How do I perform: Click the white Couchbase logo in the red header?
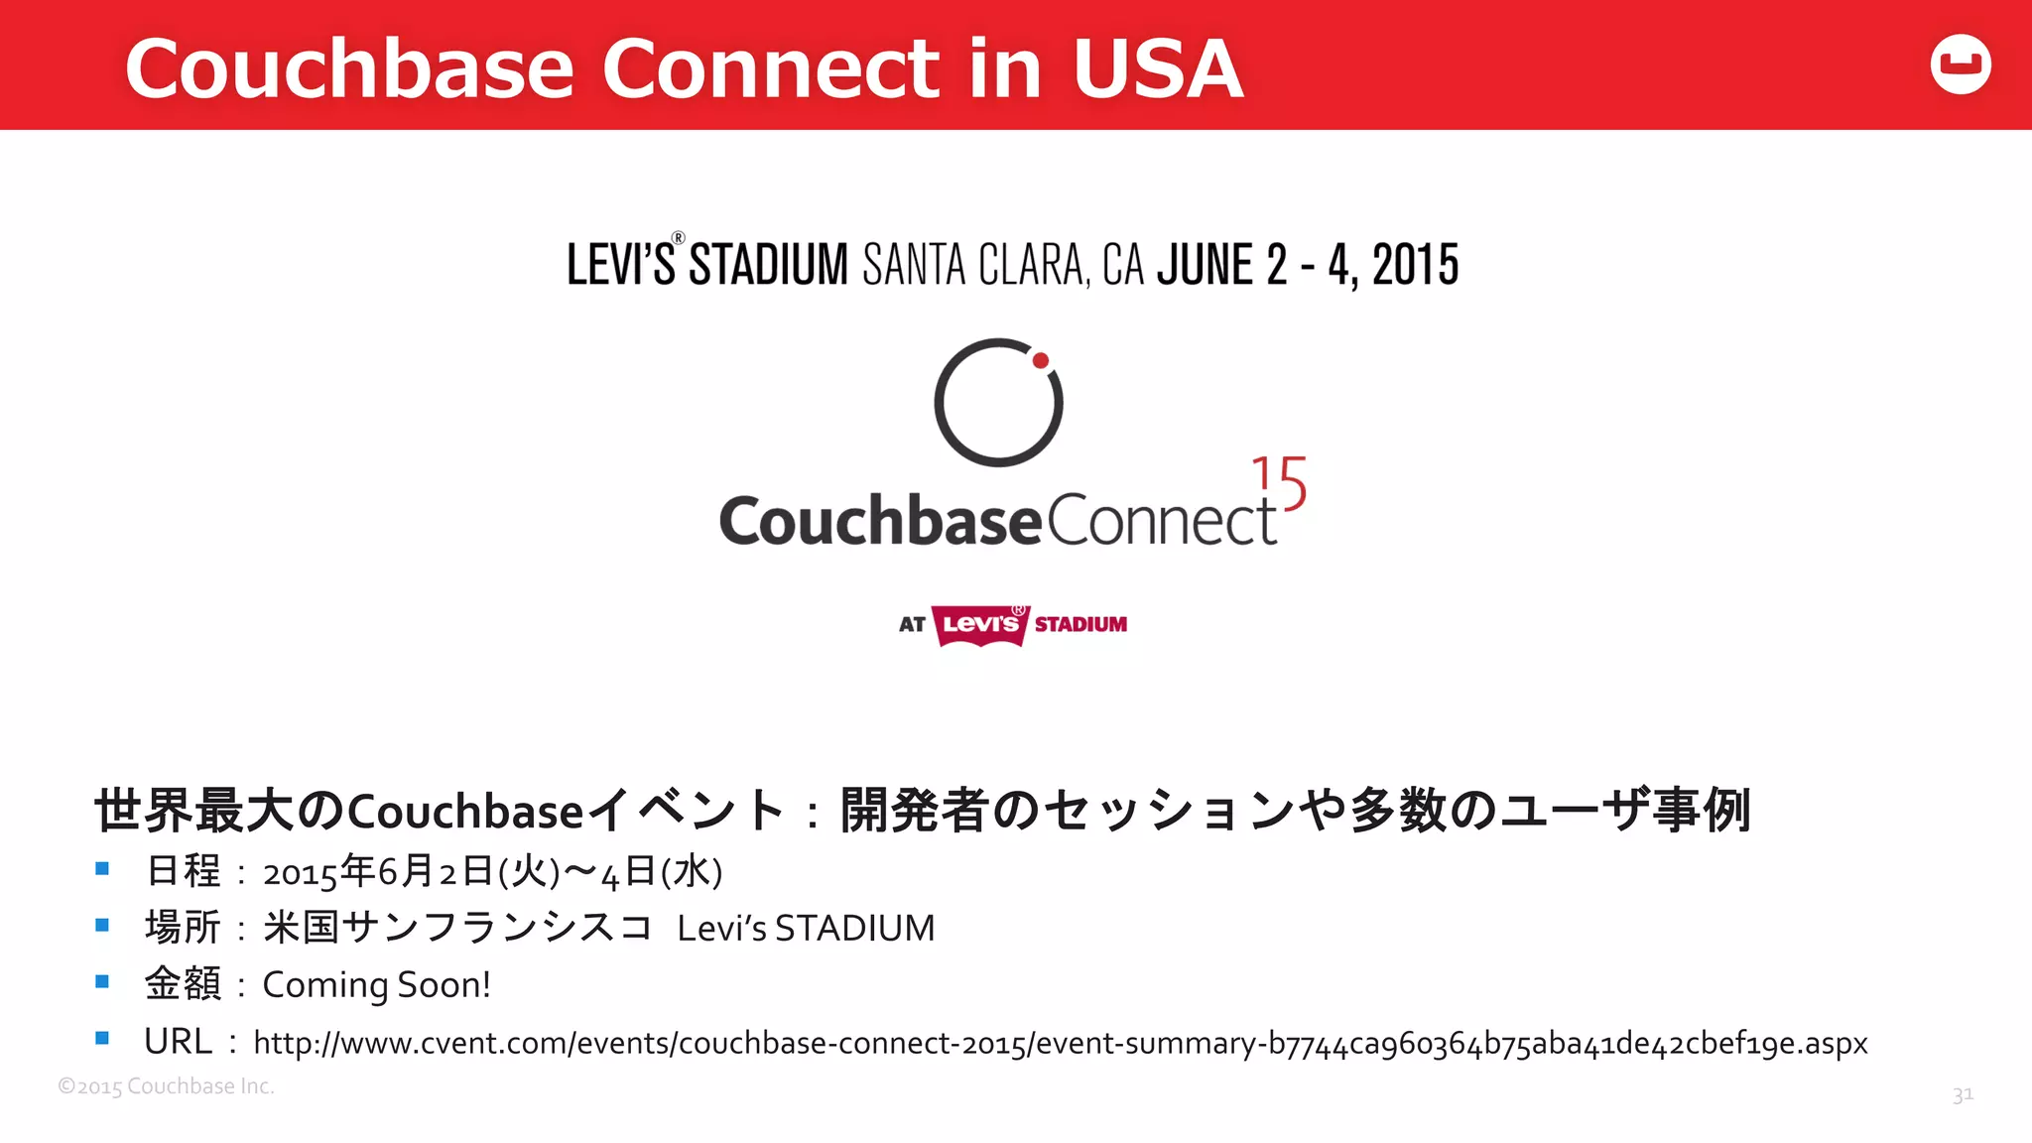tap(1961, 64)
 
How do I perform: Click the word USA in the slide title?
tap(1157, 69)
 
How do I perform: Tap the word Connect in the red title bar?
tap(771, 69)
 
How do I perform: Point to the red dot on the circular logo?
tap(1041, 361)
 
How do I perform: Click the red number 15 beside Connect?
tap(1280, 483)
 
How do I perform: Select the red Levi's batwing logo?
tap(980, 625)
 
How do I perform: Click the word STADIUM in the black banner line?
tap(769, 265)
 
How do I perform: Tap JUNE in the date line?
tap(1206, 265)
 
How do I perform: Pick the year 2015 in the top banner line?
tap(1415, 265)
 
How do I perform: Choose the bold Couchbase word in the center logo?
tap(880, 521)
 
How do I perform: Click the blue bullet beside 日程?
tap(102, 869)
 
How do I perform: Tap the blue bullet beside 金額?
tap(102, 982)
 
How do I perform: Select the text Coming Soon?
tap(376, 985)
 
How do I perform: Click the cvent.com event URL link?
tap(1060, 1043)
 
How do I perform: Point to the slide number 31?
tap(1963, 1094)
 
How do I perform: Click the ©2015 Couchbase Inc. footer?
tap(166, 1086)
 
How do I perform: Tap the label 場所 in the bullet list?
tap(183, 928)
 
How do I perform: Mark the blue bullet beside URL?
tap(102, 1039)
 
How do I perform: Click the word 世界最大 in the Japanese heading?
tap(194, 811)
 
